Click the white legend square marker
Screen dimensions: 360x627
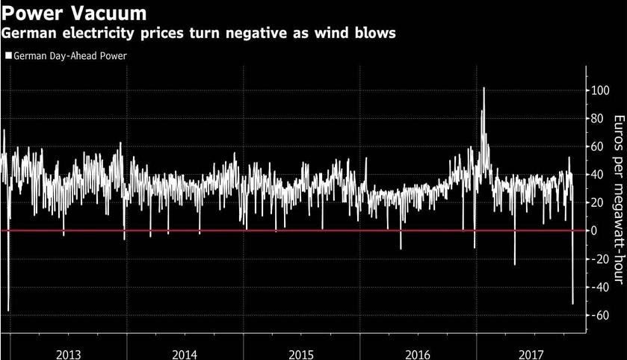pos(8,55)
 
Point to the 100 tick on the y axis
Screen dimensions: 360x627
pos(597,90)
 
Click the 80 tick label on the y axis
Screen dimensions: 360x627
pos(595,118)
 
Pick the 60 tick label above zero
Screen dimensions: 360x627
pos(595,146)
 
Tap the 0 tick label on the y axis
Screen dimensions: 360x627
pos(592,231)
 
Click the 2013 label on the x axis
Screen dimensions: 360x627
pos(68,353)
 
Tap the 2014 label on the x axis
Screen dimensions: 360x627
pos(185,353)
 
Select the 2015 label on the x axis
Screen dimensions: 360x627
pos(300,353)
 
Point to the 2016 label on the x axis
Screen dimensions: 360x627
pos(417,353)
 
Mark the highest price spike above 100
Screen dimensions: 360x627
pos(484,88)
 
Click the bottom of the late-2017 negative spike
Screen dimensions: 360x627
pos(573,303)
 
